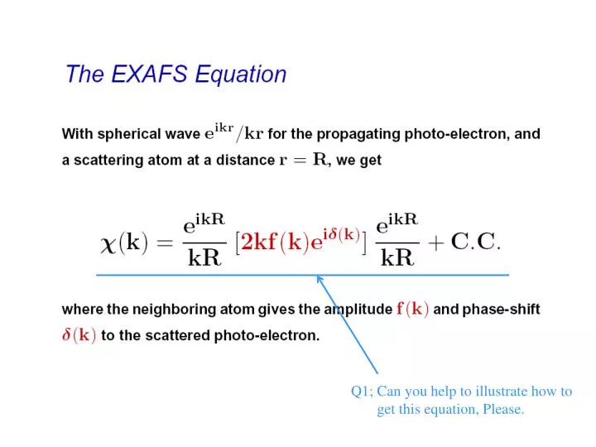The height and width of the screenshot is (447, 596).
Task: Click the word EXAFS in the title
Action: click(x=142, y=74)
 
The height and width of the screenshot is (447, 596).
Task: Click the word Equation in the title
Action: click(x=241, y=75)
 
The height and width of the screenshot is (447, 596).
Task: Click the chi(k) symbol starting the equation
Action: click(x=123, y=242)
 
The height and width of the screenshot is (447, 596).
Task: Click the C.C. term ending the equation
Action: click(x=480, y=242)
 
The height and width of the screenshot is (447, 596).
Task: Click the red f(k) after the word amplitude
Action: click(x=413, y=310)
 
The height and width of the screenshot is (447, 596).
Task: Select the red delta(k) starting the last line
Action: click(x=79, y=336)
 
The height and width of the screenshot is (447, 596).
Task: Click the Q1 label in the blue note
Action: click(x=362, y=392)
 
